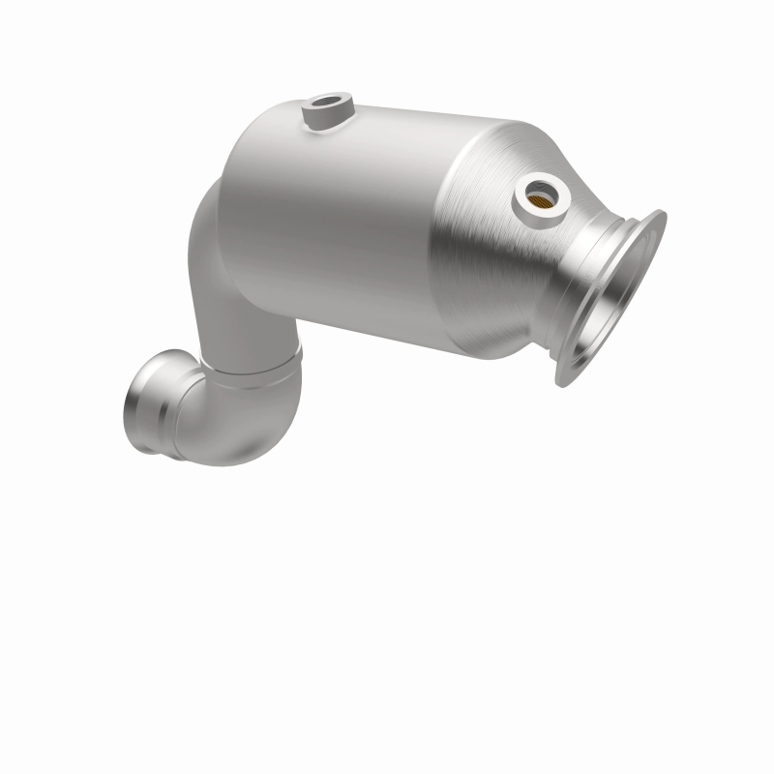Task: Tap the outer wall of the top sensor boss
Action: pos(319,120)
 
